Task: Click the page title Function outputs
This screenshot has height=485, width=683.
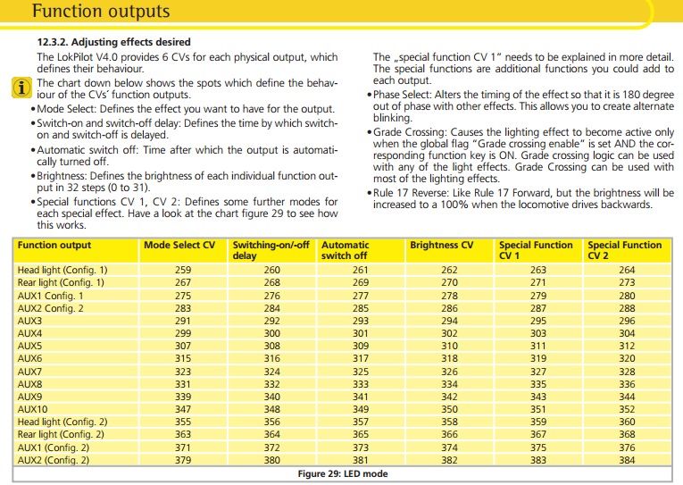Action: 100,13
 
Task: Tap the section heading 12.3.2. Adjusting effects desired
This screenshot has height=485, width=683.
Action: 113,42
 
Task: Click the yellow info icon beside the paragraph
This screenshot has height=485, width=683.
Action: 21,87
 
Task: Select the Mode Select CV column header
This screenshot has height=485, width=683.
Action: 179,245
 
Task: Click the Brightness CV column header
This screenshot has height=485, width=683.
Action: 441,245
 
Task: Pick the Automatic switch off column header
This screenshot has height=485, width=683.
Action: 345,250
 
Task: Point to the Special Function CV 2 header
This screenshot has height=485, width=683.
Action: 624,250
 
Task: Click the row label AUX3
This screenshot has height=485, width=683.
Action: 30,320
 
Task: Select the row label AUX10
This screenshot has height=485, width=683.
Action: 33,408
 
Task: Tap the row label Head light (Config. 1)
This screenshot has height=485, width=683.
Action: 62,270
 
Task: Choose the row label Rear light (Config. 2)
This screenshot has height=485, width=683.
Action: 62,434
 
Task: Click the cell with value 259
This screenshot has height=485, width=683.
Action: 182,270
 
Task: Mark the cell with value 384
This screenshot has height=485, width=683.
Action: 627,460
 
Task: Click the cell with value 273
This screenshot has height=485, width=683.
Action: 627,282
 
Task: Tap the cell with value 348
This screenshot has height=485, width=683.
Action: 271,408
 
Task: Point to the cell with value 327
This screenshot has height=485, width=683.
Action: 538,371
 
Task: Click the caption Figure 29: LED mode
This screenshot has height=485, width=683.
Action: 342,474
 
